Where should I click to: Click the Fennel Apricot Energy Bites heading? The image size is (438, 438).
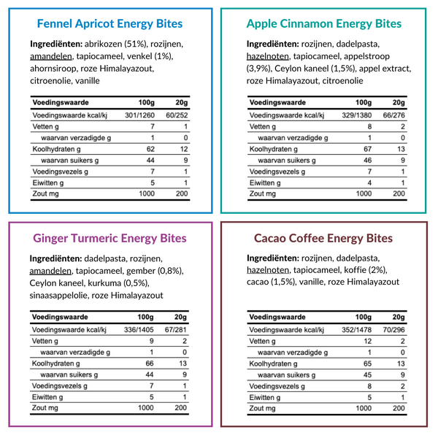(109, 23)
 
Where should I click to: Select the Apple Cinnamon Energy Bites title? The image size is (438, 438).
(324, 23)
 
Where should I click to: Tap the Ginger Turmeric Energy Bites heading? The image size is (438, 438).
(109, 238)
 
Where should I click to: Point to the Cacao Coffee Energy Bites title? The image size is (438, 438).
(323, 238)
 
